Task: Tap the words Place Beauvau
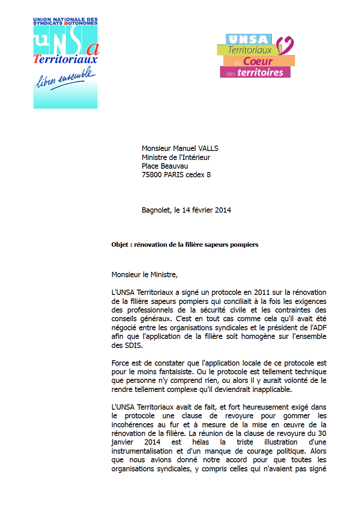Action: [165, 166]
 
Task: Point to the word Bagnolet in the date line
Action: [156, 210]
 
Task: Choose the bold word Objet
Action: [120, 245]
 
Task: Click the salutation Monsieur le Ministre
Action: [145, 275]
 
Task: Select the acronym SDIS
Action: [133, 345]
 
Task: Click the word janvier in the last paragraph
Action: [122, 442]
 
